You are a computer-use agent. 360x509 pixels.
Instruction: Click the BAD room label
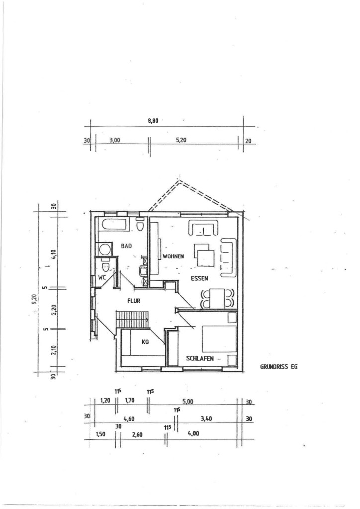click(x=126, y=246)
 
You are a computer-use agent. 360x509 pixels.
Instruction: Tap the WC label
click(x=102, y=278)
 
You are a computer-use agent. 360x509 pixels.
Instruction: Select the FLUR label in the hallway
click(x=134, y=301)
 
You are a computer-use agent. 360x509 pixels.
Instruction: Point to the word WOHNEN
click(x=174, y=256)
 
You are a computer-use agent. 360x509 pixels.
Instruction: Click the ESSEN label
click(x=199, y=278)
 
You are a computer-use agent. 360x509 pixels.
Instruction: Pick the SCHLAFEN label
click(x=200, y=358)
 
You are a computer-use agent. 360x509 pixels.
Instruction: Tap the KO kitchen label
click(x=145, y=342)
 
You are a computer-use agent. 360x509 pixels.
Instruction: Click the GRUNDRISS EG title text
click(x=278, y=367)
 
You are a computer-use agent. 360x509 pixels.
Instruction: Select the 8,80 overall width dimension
click(x=153, y=121)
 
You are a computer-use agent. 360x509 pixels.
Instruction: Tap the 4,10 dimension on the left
click(x=54, y=253)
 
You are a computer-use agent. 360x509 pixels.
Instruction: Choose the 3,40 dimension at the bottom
click(x=206, y=419)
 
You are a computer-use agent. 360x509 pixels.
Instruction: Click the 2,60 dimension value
click(x=137, y=434)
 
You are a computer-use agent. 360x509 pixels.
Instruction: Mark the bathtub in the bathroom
click(x=114, y=225)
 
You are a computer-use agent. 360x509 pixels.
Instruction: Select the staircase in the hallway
click(x=132, y=319)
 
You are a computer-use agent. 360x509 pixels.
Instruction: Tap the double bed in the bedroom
click(x=219, y=339)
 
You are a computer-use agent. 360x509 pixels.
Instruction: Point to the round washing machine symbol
click(x=104, y=250)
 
